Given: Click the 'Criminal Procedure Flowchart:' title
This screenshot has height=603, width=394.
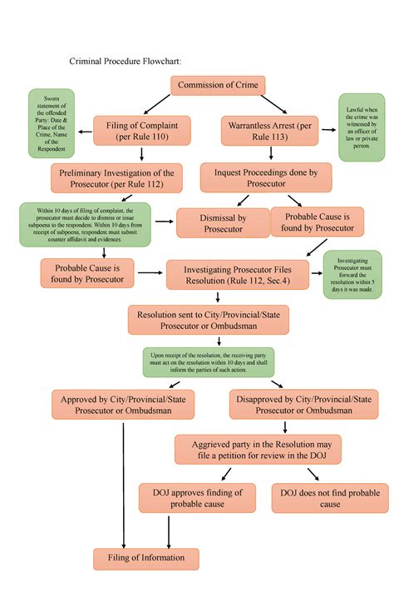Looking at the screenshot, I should [124, 61].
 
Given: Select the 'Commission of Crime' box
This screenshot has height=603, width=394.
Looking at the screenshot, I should [218, 85].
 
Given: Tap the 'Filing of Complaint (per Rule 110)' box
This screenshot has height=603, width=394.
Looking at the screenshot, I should [142, 130].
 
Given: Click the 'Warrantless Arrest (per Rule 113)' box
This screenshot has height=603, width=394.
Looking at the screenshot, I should [260, 130].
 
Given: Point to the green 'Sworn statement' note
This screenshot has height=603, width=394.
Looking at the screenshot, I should [52, 124].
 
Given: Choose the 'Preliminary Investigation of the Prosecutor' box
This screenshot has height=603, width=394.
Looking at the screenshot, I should [117, 177].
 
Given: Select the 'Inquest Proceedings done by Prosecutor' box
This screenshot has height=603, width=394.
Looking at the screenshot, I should [266, 177].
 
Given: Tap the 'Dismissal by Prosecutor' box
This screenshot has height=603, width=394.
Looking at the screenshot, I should [223, 223].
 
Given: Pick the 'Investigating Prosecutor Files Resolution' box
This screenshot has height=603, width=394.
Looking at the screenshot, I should [239, 274].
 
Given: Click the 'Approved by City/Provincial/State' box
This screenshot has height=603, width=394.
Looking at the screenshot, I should [123, 406].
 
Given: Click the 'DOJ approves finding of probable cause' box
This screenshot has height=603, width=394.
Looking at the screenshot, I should [196, 498].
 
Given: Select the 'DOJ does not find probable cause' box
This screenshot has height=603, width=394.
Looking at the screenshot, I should [330, 498].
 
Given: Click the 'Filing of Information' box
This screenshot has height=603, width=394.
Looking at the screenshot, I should [146, 558].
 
